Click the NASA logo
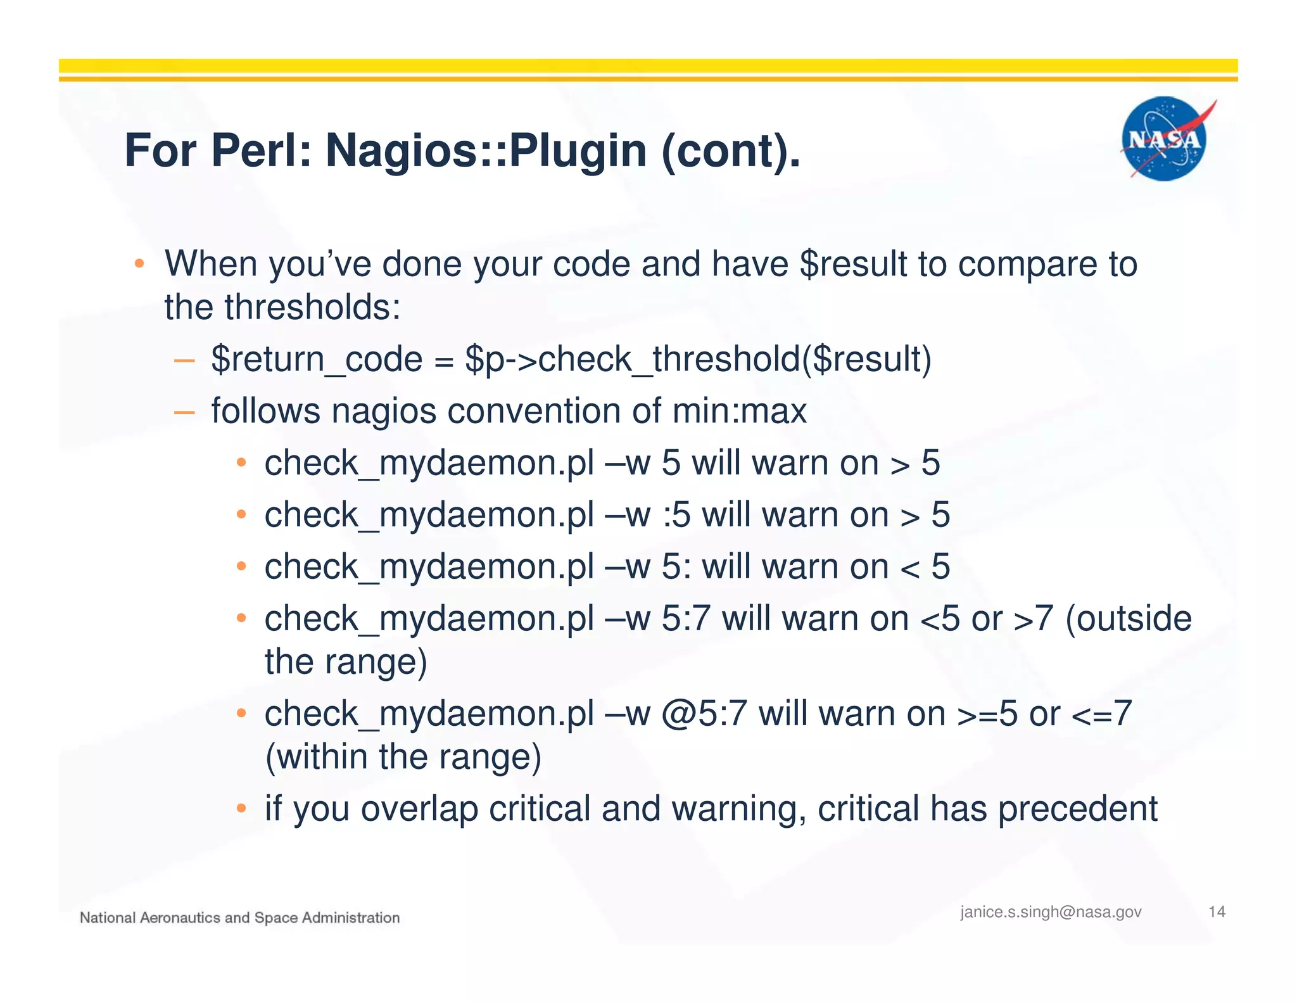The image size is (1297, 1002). pyautogui.click(x=1164, y=139)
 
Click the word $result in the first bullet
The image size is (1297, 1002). pyautogui.click(x=853, y=264)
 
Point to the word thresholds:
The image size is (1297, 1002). pyautogui.click(x=312, y=307)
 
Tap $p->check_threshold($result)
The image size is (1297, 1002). pyautogui.click(x=698, y=359)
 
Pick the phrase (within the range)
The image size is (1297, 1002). pyautogui.click(x=403, y=757)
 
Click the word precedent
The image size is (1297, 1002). pyautogui.click(x=1077, y=809)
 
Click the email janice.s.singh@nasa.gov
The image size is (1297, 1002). pyautogui.click(x=1051, y=912)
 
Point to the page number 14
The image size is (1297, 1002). pyautogui.click(x=1217, y=912)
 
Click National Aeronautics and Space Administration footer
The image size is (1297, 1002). pyautogui.click(x=239, y=918)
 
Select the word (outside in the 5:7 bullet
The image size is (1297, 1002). pyautogui.click(x=1128, y=619)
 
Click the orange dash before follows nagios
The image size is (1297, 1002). pyautogui.click(x=184, y=412)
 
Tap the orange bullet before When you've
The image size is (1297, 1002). pyautogui.click(x=140, y=263)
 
